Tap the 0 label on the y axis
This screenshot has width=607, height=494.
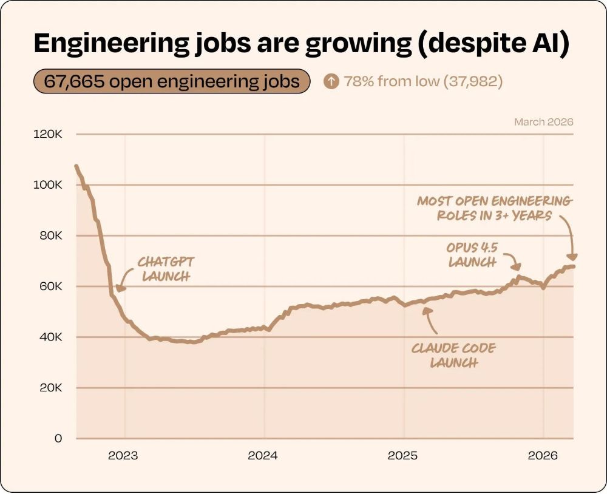coord(58,438)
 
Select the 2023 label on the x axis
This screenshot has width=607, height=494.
coord(124,456)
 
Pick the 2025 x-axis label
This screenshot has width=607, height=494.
coord(402,456)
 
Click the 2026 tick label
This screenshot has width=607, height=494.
coord(542,456)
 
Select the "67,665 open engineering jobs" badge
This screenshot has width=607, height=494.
coord(171,81)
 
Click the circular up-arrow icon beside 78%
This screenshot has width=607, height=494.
coord(331,81)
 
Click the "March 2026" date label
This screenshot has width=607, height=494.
coord(543,122)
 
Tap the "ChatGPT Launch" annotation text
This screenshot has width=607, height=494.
coord(165,269)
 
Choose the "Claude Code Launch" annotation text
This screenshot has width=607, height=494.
coord(453,356)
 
